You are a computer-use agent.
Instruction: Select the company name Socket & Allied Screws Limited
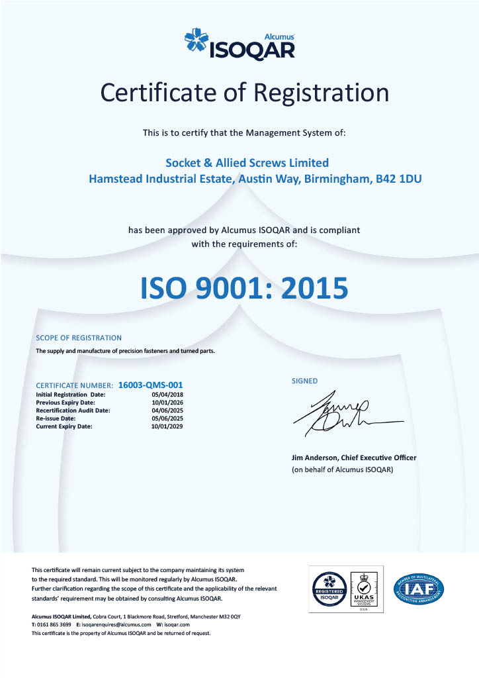click(x=246, y=162)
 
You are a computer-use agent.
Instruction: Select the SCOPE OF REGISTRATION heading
click(x=79, y=338)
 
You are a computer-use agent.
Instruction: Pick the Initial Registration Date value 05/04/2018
click(x=167, y=395)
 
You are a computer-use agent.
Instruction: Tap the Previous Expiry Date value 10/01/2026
click(x=167, y=403)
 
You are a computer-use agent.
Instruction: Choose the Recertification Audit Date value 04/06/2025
click(x=167, y=411)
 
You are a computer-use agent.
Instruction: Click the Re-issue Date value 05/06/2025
click(x=167, y=418)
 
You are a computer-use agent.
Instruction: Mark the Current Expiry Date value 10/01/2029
click(x=167, y=426)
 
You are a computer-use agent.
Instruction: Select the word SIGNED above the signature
click(x=304, y=381)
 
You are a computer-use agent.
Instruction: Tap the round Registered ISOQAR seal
click(x=328, y=589)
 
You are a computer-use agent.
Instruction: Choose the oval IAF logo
click(x=419, y=588)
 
